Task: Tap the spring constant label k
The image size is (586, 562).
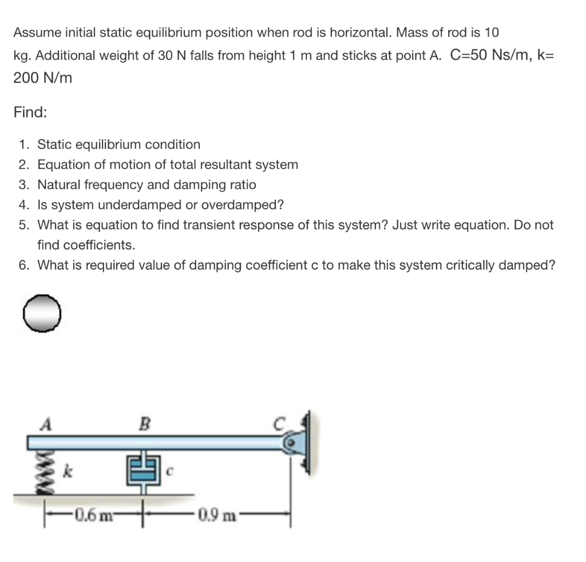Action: tap(67, 473)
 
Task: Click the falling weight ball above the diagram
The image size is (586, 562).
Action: tap(42, 313)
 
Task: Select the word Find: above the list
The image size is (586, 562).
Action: tap(30, 113)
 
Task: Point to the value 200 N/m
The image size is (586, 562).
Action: tap(43, 78)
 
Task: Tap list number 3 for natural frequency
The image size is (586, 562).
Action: tap(23, 185)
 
